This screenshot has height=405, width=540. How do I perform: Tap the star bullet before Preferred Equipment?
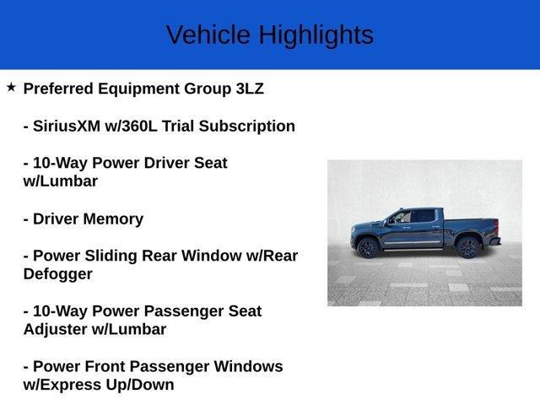point(11,87)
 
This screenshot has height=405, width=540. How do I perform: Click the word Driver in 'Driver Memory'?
point(55,219)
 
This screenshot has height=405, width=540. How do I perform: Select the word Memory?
point(114,219)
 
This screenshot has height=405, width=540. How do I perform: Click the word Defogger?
point(58,274)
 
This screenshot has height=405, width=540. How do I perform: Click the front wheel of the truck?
point(367,247)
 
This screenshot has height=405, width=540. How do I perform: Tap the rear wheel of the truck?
point(467,246)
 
